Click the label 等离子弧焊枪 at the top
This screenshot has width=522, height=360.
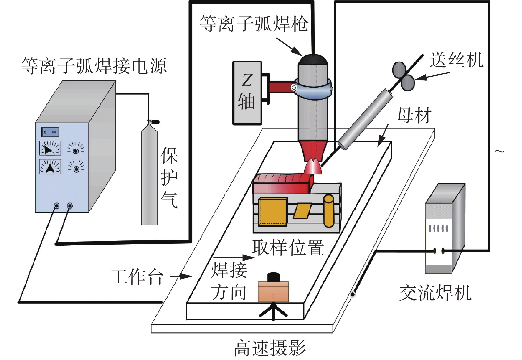pos(254,24)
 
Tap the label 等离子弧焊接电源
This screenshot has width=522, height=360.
pos(94,66)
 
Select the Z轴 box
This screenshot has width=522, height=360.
pos(247,93)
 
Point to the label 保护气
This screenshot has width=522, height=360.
pos(169,177)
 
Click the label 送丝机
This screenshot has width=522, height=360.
pos(456,60)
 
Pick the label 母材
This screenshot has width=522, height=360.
pos(413,116)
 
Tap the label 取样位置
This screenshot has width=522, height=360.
pos(288,248)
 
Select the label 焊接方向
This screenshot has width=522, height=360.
pos(229,281)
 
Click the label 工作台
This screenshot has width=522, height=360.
pos(137,277)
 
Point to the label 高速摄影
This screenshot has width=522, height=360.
pos(269,348)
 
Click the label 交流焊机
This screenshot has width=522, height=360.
pos(435,293)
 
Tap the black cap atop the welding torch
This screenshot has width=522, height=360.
pos(313,60)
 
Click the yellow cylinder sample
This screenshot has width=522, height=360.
pos(329,211)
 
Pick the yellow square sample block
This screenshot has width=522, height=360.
pos(273,212)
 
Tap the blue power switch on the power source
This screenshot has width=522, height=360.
pos(50,132)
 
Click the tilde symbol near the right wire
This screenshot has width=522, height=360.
pos(499,151)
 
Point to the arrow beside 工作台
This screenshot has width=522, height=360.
pos(181,276)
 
